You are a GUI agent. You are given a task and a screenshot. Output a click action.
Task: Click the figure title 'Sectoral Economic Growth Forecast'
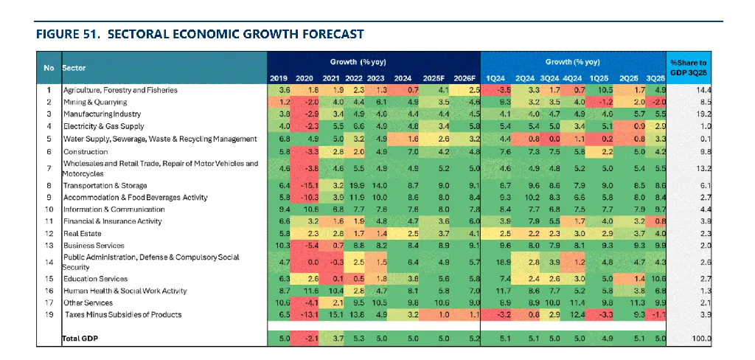pos(199,34)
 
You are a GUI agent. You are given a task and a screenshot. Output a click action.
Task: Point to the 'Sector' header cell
pos(74,67)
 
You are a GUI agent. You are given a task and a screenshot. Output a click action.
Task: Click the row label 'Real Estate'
pos(80,233)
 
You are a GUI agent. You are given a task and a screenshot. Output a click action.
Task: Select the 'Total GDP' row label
pos(80,339)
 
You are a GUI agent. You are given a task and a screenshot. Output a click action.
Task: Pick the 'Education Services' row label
pos(95,279)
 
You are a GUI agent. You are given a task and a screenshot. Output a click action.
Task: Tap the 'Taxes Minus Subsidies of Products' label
pos(122,314)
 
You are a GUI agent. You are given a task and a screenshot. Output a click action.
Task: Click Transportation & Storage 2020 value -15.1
pos(304,185)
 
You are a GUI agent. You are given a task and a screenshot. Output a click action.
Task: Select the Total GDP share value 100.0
pos(700,339)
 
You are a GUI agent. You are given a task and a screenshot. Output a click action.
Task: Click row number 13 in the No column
pos(49,245)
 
